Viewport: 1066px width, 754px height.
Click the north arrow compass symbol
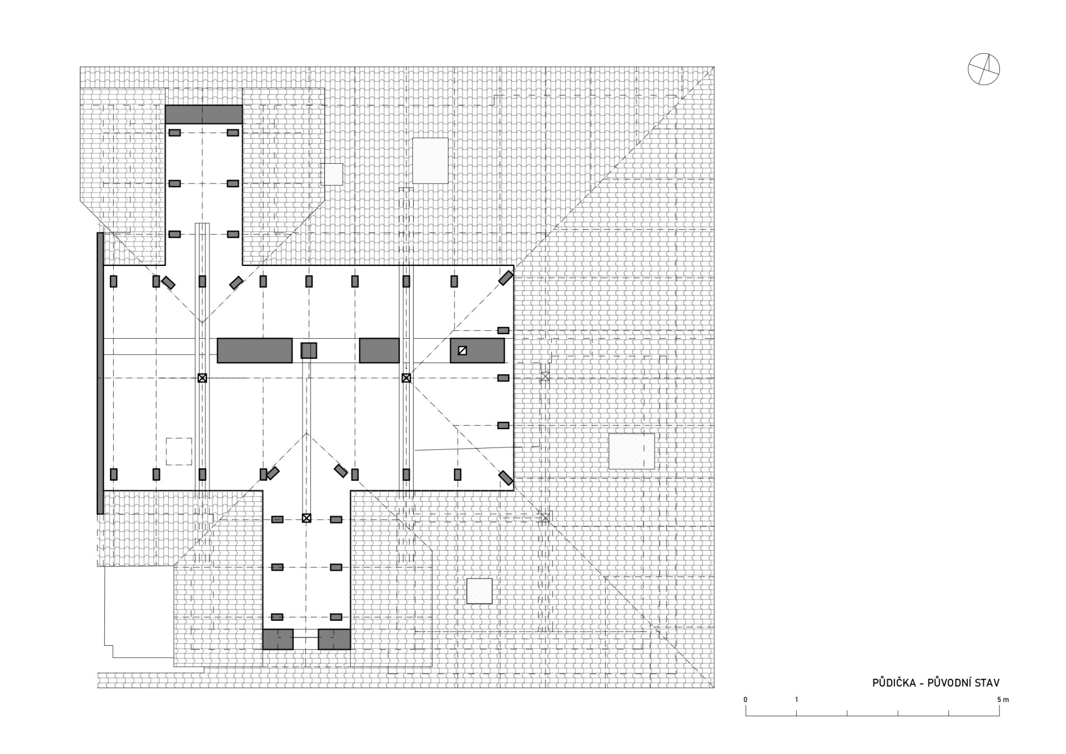984,69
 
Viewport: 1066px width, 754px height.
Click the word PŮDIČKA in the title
894,683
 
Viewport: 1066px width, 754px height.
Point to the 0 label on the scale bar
746,700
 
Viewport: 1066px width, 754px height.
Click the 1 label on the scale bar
797,700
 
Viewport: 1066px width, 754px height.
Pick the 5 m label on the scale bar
1003,700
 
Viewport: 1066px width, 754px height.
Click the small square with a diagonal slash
462,350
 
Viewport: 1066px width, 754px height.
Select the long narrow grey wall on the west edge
100,373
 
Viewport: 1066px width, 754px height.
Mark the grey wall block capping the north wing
204,114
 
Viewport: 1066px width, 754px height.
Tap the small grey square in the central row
309,350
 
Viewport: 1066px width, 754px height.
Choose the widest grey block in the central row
254,350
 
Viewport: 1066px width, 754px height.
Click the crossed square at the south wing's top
306,518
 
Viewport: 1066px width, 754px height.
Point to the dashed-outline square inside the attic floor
179,451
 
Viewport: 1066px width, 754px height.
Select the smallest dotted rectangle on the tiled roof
333,174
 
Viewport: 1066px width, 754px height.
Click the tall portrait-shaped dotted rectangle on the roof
430,160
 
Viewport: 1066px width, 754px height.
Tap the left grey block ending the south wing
278,639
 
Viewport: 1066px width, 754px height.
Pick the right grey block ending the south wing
334,639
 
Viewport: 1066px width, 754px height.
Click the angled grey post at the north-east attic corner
505,278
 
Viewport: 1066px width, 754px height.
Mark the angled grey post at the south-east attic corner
505,477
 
